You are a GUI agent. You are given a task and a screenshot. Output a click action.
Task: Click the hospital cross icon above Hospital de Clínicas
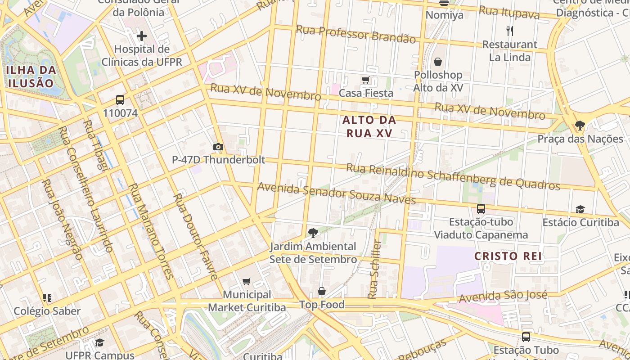pos(142,36)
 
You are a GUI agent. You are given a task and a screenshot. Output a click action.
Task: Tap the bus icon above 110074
pos(120,100)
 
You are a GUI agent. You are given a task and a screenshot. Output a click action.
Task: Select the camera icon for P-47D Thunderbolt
pos(218,147)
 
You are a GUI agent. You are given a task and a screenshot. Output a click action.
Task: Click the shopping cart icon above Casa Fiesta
pos(366,80)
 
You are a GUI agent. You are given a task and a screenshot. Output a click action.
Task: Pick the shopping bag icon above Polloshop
pos(438,62)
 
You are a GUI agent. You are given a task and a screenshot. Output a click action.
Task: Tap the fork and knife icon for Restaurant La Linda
pos(510,31)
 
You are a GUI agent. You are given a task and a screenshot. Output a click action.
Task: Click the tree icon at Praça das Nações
pos(580,126)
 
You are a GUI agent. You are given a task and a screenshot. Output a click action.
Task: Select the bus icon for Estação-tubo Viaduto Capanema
pos(481,209)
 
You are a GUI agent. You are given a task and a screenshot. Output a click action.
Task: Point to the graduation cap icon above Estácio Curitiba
pos(580,209)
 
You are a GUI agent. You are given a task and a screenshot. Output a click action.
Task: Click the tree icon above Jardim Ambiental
pos(313,233)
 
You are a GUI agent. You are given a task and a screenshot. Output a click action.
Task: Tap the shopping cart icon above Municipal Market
pos(246,282)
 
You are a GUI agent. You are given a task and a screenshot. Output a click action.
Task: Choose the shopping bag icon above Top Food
pos(322,292)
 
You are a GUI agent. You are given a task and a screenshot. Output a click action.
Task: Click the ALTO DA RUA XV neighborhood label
pos(369,126)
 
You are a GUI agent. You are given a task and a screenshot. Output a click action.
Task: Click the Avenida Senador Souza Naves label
pos(336,193)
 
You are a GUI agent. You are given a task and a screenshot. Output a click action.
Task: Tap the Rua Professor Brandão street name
pos(355,34)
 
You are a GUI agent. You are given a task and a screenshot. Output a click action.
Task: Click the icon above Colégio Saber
pos(47,298)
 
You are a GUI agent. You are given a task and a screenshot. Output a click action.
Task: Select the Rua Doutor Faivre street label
pos(196,236)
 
